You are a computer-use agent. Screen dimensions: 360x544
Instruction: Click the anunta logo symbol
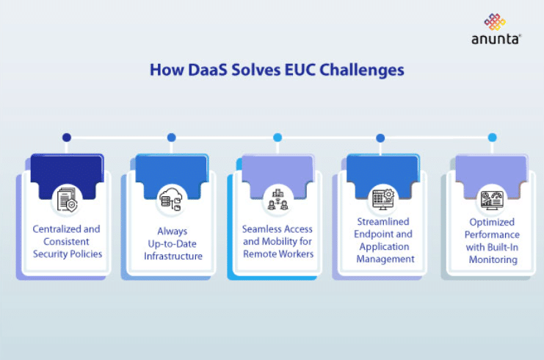tap(495, 21)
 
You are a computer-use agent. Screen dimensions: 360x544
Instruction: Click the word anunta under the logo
tap(495, 40)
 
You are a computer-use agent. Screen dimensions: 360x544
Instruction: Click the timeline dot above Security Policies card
tap(67, 137)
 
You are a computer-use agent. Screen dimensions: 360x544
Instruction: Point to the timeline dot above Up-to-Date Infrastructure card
tap(172, 137)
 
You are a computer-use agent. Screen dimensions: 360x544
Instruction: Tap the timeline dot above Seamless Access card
tap(278, 137)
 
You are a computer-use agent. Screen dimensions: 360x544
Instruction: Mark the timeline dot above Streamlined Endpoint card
tap(380, 137)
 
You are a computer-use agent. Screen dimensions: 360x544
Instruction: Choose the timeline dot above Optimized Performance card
tap(492, 137)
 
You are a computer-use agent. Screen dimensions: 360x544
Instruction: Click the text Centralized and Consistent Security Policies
tap(67, 241)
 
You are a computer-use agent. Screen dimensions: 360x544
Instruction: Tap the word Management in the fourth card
tap(383, 259)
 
